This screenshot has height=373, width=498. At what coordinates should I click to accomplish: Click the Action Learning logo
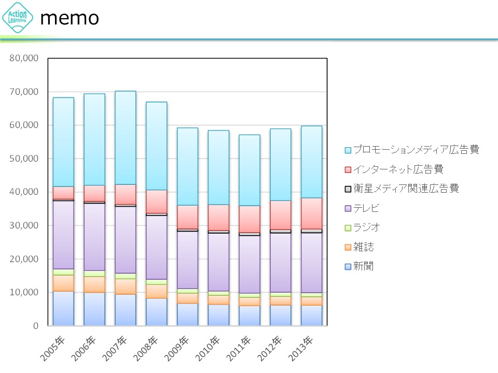(18, 18)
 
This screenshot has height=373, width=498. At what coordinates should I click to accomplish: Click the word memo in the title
(70, 18)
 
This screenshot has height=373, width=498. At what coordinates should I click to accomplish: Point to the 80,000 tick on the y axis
(24, 58)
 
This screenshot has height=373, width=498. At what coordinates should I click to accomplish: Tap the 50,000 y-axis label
(24, 159)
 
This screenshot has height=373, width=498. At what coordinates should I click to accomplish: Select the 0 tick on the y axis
(35, 326)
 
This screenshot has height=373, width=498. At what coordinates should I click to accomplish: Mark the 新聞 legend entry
(363, 266)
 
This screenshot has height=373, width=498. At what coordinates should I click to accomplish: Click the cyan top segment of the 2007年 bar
(126, 138)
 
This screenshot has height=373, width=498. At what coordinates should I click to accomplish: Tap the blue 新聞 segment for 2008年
(157, 312)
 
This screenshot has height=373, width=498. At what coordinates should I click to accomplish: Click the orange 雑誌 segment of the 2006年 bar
(94, 284)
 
